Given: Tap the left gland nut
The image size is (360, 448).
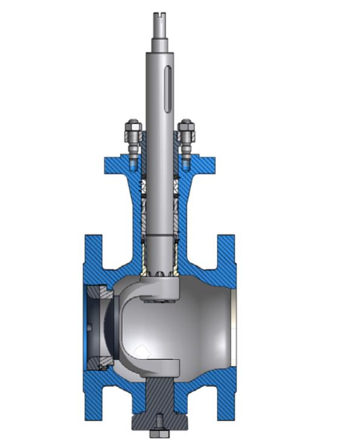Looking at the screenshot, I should tap(133, 129).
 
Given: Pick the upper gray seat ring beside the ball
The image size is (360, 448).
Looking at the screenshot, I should tap(100, 293).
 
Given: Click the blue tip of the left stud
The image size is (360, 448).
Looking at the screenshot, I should tap(132, 162).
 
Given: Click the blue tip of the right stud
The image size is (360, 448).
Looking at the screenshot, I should tap(186, 162).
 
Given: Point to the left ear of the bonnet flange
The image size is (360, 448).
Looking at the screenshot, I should tap(114, 164).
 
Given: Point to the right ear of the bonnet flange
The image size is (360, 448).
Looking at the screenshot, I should tap(205, 164).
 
